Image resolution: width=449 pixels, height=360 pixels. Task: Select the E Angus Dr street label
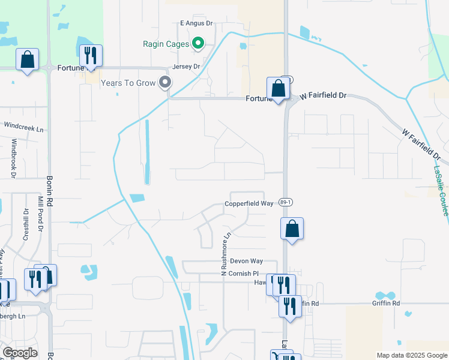pyautogui.click(x=196, y=23)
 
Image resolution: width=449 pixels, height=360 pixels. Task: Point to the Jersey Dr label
pyautogui.click(x=185, y=67)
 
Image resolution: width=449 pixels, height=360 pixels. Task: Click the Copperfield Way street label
pyautogui.click(x=249, y=203)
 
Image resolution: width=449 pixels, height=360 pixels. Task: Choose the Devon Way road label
pyautogui.click(x=247, y=261)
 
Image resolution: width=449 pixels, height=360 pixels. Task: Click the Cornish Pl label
pyautogui.click(x=243, y=273)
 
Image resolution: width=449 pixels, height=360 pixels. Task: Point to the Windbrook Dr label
pyautogui.click(x=14, y=158)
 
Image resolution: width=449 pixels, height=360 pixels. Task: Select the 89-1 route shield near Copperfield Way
pyautogui.click(x=285, y=203)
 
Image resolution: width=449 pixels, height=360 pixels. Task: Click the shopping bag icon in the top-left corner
pyautogui.click(x=27, y=59)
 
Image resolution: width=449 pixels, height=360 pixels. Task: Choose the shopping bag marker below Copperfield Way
pyautogui.click(x=292, y=229)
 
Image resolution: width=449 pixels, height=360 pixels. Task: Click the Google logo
pyautogui.click(x=20, y=353)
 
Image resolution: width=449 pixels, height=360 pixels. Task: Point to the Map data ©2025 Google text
pyautogui.click(x=411, y=355)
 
